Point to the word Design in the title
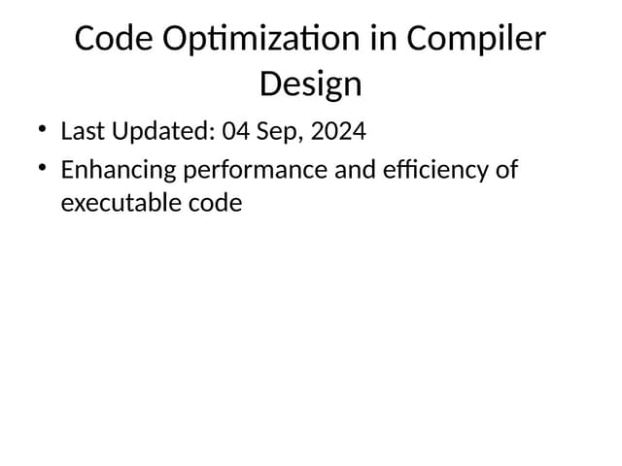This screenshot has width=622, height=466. pyautogui.click(x=311, y=84)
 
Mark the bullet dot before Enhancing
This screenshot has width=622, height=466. pyautogui.click(x=42, y=167)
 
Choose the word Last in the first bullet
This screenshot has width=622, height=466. pyautogui.click(x=82, y=130)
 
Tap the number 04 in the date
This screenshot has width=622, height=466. pyautogui.click(x=237, y=130)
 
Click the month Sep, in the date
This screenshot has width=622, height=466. pyautogui.click(x=281, y=131)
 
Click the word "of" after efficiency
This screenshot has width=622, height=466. pyautogui.click(x=506, y=170)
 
